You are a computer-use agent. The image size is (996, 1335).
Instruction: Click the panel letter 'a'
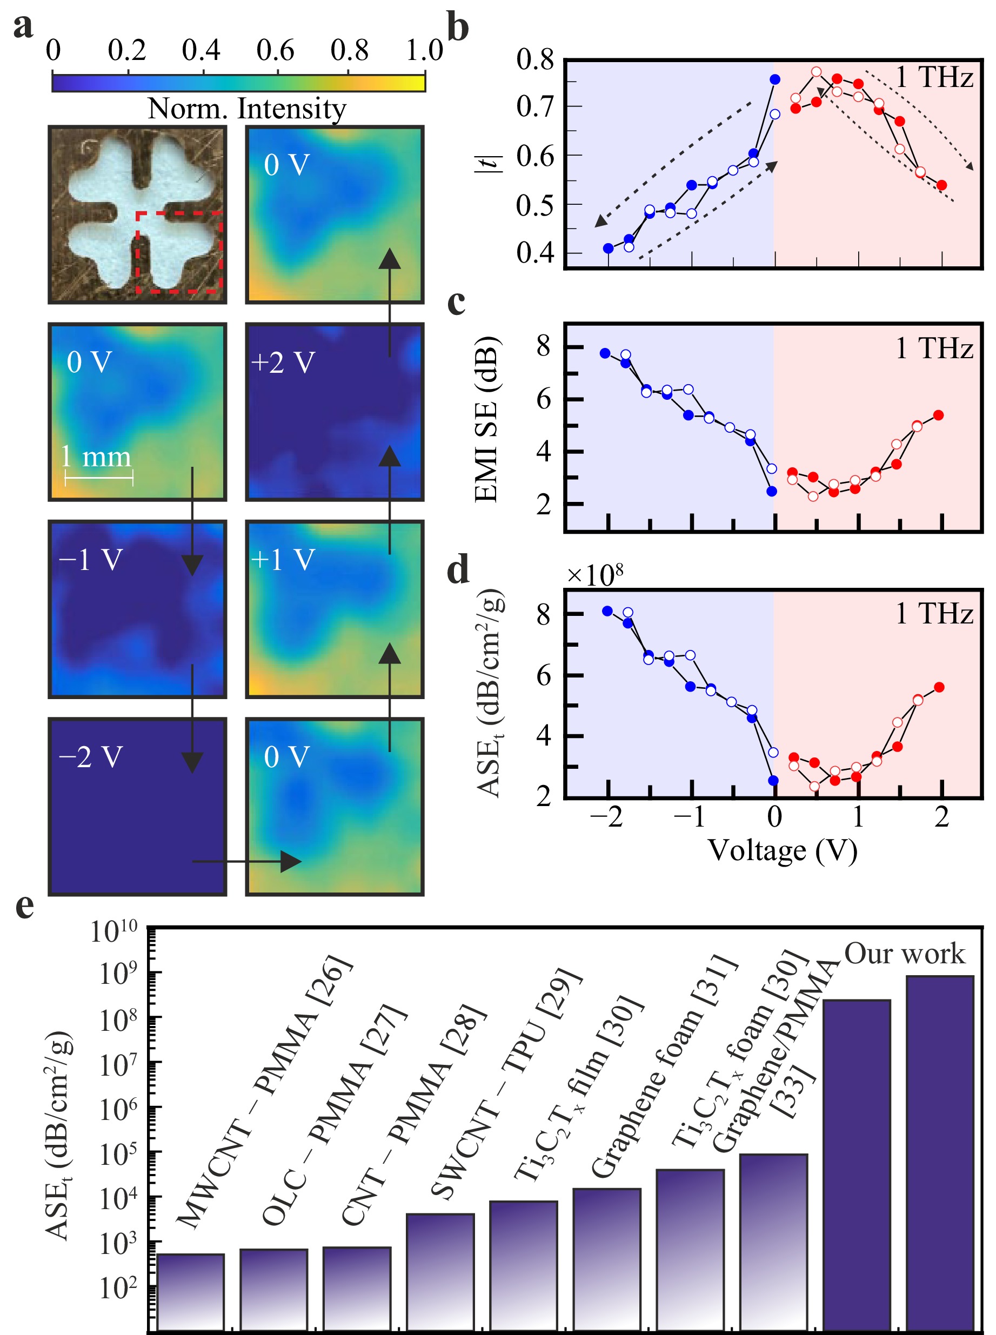[x=23, y=27]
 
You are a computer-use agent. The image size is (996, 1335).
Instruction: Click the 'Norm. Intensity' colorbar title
[x=247, y=109]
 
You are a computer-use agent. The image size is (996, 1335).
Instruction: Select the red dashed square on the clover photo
[x=179, y=252]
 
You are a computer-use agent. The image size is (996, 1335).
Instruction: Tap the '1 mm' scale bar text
[x=96, y=458]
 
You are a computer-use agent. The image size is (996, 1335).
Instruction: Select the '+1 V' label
[x=283, y=560]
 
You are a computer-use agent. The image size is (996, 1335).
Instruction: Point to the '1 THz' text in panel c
[x=933, y=349]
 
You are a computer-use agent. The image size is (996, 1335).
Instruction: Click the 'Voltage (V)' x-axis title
[x=782, y=851]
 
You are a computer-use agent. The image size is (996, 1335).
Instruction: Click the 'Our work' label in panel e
[x=904, y=954]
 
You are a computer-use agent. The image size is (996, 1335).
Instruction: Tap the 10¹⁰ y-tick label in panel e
[x=114, y=933]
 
